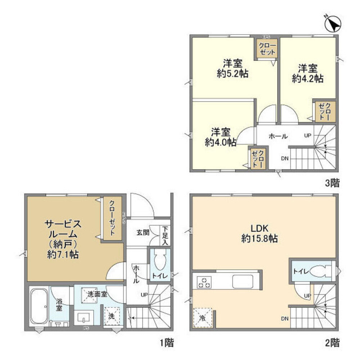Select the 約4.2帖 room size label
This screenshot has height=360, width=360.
[x=307, y=79]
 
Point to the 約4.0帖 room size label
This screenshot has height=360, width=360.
[x=220, y=142]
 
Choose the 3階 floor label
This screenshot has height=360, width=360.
[x=332, y=183]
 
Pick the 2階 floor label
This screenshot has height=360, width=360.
[x=332, y=342]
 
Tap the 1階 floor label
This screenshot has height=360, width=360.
[x=166, y=342]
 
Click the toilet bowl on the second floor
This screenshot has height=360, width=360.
[x=320, y=270]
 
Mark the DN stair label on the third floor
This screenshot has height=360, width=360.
[x=284, y=158]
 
